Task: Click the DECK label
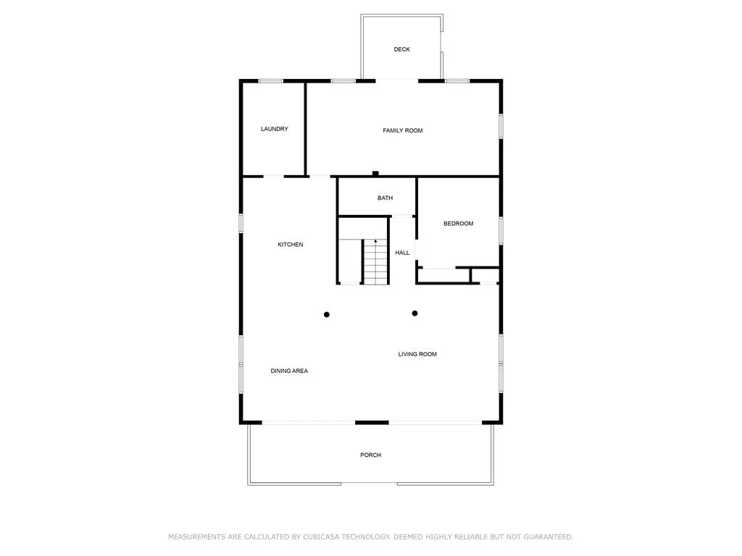tap(401, 49)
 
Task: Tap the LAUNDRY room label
tap(275, 129)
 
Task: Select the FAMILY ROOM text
tap(403, 130)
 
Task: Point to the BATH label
tap(385, 198)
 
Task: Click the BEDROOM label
tap(458, 224)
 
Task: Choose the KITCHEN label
tap(291, 245)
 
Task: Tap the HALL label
tap(402, 253)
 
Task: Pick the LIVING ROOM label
tap(417, 354)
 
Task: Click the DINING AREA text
tap(289, 371)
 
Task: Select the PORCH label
tap(370, 455)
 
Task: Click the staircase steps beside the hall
tap(376, 262)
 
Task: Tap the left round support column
tap(327, 314)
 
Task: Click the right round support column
tap(414, 313)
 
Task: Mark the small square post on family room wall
tap(375, 174)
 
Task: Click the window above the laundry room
tap(271, 81)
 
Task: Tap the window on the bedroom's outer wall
tap(501, 231)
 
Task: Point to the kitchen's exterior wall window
tap(241, 223)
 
